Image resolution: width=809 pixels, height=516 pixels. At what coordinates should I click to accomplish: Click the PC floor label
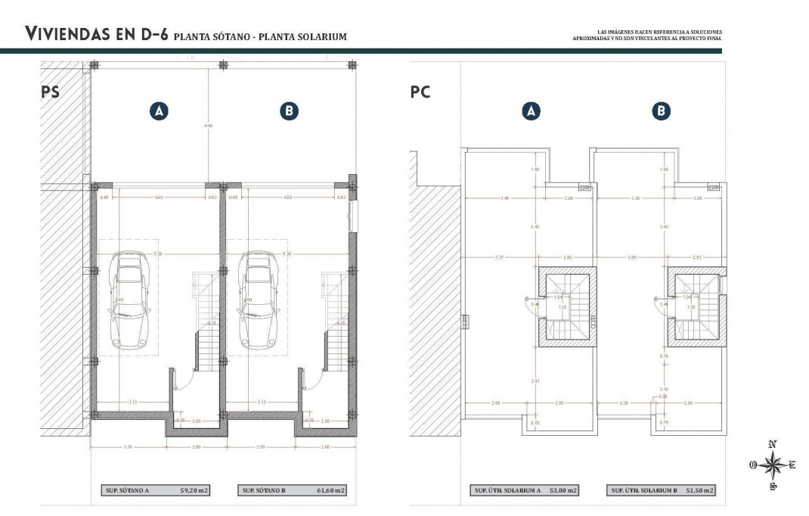coord(420,92)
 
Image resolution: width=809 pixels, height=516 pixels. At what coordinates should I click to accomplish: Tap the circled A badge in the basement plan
coord(158,111)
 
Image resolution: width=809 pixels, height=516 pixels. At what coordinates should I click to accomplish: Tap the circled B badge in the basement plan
coord(289,111)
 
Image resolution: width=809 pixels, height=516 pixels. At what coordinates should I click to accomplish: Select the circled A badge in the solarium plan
coord(531,111)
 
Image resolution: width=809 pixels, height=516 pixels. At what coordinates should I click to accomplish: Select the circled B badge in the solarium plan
coord(661,111)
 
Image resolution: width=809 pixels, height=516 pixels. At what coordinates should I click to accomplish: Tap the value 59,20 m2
coord(193,490)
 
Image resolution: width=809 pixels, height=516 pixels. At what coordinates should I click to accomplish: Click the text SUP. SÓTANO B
coord(264,490)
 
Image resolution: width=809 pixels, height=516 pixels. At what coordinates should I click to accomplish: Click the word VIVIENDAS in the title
coord(72,34)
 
